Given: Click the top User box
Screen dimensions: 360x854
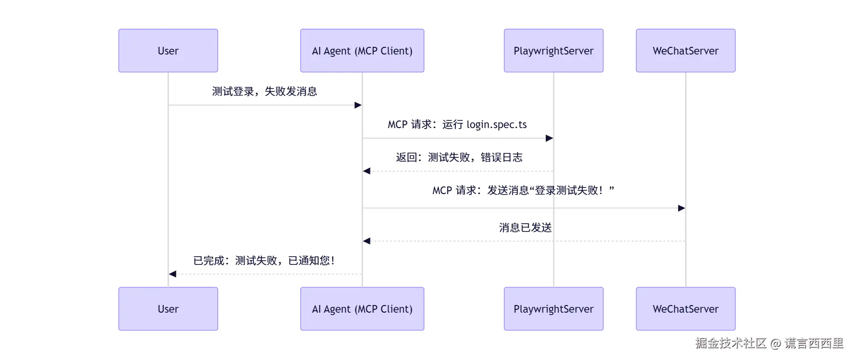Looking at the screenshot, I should point(168,51).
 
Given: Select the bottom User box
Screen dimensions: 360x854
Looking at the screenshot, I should point(168,309).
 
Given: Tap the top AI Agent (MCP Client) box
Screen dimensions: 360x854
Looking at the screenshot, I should point(362,51).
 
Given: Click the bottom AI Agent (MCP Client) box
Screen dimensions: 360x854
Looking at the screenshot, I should point(362,309).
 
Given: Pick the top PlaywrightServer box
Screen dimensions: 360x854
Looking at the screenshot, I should point(553,51).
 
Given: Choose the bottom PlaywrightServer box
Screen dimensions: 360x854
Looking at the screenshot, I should point(553,309).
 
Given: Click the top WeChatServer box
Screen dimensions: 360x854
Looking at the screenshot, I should point(685,51).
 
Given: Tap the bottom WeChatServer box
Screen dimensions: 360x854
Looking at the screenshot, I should point(685,309).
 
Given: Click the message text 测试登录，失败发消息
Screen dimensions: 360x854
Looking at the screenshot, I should point(264,91).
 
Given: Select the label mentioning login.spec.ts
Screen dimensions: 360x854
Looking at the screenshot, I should point(457,125).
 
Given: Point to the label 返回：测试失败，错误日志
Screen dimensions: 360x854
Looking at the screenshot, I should point(459,157).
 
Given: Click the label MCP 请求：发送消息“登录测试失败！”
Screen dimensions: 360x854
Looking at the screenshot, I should point(523,190).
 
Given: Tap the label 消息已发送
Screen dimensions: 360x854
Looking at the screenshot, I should point(525,228).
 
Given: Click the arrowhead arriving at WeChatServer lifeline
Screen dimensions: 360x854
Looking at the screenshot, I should point(681,208).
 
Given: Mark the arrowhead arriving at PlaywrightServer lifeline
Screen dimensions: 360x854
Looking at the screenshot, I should point(550,138).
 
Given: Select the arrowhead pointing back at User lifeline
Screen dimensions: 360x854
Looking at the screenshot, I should point(173,274).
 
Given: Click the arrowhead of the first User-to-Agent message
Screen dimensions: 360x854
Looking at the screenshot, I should point(358,105).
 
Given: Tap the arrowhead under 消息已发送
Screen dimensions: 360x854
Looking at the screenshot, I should point(367,241).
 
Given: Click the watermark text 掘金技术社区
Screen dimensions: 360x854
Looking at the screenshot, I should point(731,343).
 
